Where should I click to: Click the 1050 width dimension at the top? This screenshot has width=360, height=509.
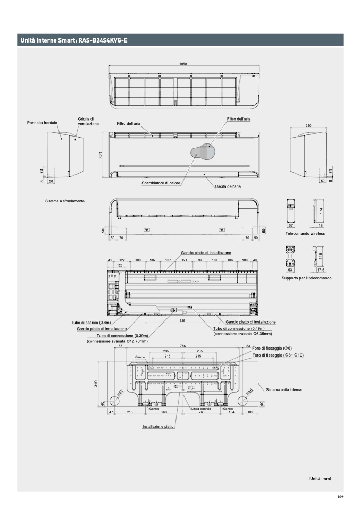tap(183, 64)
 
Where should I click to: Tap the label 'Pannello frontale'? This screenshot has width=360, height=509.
tap(43, 123)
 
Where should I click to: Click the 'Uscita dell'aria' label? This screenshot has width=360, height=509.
tap(228, 187)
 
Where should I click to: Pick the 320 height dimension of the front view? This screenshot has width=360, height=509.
tap(101, 155)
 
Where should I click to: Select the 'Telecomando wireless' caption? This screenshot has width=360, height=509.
tap(305, 234)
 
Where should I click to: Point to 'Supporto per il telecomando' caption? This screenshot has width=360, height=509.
tap(306, 278)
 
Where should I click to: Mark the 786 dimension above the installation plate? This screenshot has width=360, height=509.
tap(183, 347)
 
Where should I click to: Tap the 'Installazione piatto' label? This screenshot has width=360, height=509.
tap(158, 427)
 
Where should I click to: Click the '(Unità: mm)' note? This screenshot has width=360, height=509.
tap(320, 478)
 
